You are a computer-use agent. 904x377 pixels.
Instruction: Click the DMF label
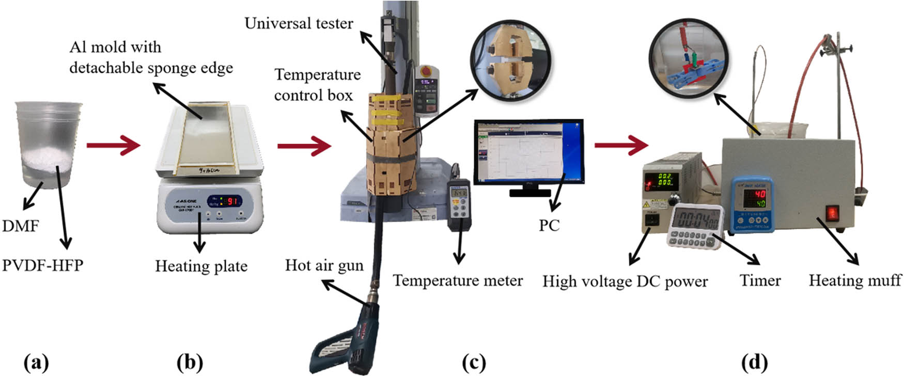[x=21, y=226]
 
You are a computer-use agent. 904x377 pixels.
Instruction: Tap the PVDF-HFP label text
[x=42, y=265]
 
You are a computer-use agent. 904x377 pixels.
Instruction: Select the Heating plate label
[x=201, y=266]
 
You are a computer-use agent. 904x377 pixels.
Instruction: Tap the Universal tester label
[x=299, y=23]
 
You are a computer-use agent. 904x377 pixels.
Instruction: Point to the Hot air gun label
[x=324, y=265]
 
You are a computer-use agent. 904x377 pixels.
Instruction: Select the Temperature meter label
[x=458, y=280]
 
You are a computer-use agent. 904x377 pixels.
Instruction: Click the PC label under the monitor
[x=549, y=225]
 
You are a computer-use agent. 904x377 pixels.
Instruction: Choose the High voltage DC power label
[x=625, y=281]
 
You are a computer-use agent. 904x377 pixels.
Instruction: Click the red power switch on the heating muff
[x=831, y=213]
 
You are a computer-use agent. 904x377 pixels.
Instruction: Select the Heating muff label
[x=855, y=280]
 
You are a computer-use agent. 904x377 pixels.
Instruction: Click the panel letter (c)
[x=474, y=363]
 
